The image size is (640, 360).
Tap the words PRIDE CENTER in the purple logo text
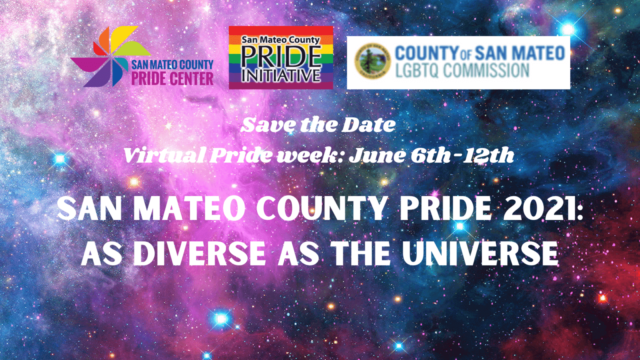click(x=172, y=78)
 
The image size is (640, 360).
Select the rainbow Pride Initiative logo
click(x=281, y=58)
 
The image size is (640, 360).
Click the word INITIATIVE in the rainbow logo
click(x=281, y=75)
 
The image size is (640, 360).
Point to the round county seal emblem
click(x=372, y=61)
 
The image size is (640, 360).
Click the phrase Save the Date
click(x=318, y=125)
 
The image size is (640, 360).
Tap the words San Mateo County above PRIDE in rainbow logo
click(x=280, y=40)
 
